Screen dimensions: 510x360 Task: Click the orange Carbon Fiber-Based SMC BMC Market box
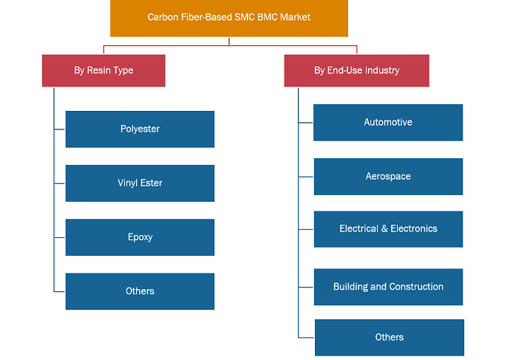pos(229,18)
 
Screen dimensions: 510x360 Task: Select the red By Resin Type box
pos(103,70)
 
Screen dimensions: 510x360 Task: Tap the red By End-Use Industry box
pos(356,70)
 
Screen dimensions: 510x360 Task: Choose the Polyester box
pos(140,129)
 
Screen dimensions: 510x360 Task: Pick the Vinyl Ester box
pos(140,183)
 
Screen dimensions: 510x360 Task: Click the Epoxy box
pos(140,237)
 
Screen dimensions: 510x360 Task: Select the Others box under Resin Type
pos(140,291)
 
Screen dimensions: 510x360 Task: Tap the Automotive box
pos(388,123)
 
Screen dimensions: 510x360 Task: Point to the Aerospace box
pos(388,177)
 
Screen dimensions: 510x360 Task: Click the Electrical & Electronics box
pos(388,229)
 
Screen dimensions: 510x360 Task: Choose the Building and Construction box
pos(388,287)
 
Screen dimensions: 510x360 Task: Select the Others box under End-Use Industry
pos(390,338)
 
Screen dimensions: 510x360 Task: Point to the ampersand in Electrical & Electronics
pos(384,228)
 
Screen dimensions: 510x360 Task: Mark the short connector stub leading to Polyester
pos(60,129)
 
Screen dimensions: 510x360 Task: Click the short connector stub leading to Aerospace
pos(306,177)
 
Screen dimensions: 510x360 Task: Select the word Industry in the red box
pos(382,70)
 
